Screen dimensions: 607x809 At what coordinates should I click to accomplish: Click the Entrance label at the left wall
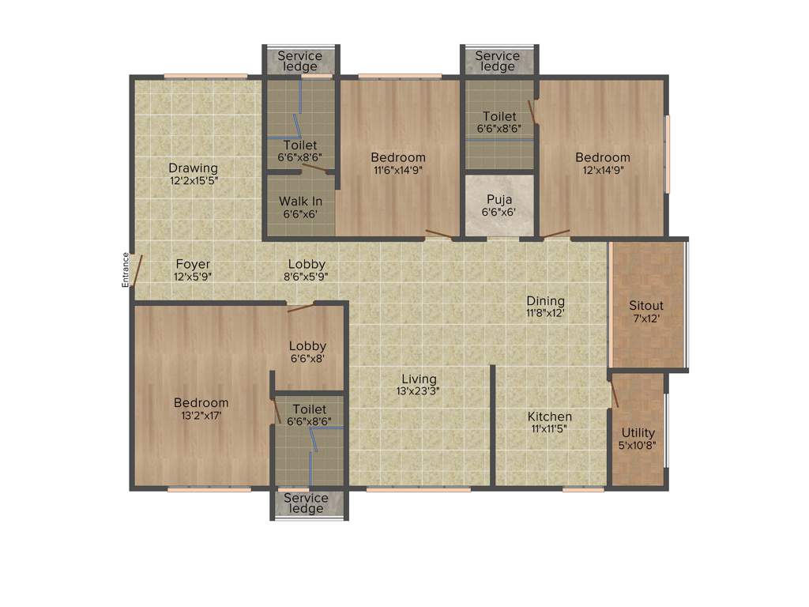125,270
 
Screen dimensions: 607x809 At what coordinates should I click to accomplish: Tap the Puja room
499,205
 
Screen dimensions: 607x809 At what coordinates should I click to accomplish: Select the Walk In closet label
300,202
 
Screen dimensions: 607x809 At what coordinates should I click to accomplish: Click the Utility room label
638,432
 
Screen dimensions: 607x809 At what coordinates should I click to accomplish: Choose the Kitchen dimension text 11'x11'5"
550,429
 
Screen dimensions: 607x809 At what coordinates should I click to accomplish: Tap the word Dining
546,300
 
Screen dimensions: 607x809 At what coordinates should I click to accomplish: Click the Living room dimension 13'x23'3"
418,391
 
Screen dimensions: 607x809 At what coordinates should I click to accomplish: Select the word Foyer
193,264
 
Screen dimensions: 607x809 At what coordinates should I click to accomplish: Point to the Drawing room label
193,168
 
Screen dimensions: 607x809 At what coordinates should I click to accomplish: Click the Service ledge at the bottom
306,503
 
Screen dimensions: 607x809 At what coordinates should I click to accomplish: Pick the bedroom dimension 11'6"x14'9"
398,169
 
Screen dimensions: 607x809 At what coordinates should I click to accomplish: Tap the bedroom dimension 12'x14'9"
603,169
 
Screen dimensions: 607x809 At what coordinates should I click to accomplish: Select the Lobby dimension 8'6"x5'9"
307,277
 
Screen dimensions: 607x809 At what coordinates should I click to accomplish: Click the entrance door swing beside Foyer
137,270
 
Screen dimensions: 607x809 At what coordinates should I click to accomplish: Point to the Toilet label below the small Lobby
309,409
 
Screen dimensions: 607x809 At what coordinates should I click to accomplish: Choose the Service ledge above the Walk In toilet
300,61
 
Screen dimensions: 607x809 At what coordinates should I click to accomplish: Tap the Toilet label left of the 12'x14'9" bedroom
499,117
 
